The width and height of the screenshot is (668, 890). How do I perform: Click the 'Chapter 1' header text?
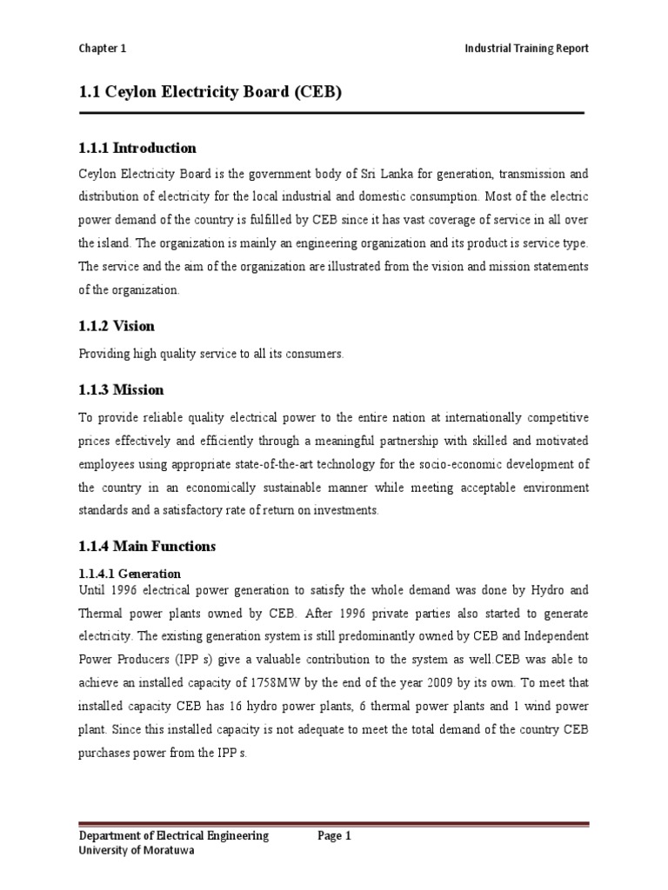click(102, 49)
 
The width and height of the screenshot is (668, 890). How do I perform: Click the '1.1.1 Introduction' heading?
click(137, 148)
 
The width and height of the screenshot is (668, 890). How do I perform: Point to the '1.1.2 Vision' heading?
click(117, 326)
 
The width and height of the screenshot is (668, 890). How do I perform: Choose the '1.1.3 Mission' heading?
click(121, 389)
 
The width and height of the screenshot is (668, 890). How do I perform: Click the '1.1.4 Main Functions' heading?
click(147, 547)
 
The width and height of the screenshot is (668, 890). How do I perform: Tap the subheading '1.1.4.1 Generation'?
click(130, 574)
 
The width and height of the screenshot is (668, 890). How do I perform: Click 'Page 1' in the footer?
click(334, 836)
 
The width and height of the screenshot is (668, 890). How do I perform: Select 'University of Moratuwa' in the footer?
click(137, 851)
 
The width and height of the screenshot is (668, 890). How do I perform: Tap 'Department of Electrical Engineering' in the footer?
click(174, 836)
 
